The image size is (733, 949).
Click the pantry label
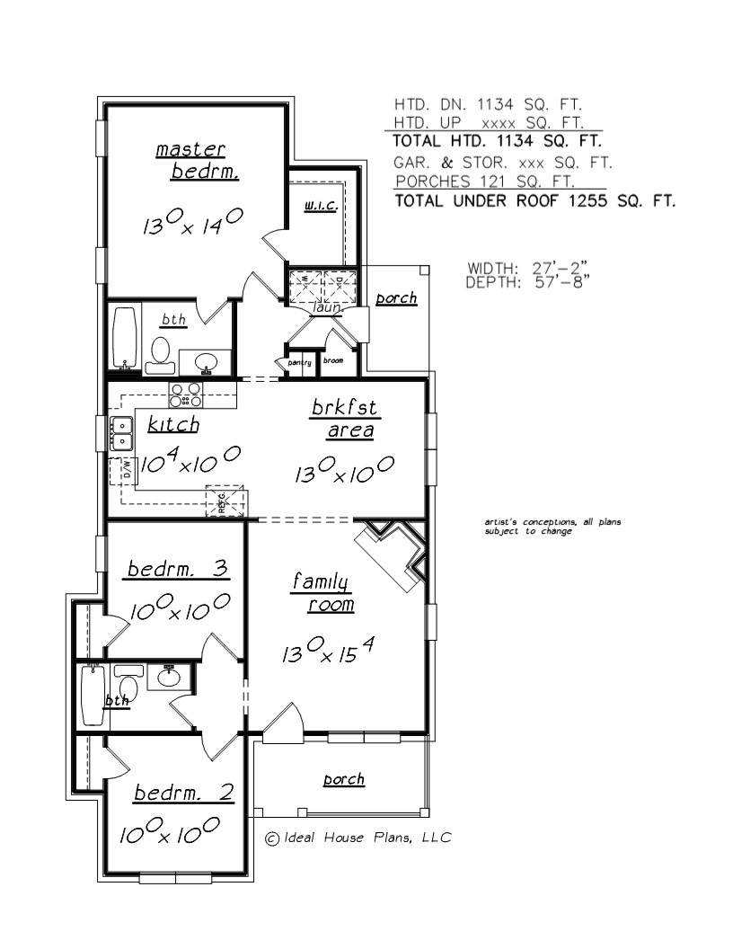(299, 362)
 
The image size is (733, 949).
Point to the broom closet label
(333, 361)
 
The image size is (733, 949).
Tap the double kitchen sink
(121, 432)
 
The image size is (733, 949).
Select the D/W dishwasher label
(126, 468)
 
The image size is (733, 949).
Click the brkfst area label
(345, 419)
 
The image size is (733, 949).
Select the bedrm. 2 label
(184, 793)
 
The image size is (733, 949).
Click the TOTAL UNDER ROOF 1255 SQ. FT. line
(534, 201)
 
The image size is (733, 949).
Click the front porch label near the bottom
(344, 779)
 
